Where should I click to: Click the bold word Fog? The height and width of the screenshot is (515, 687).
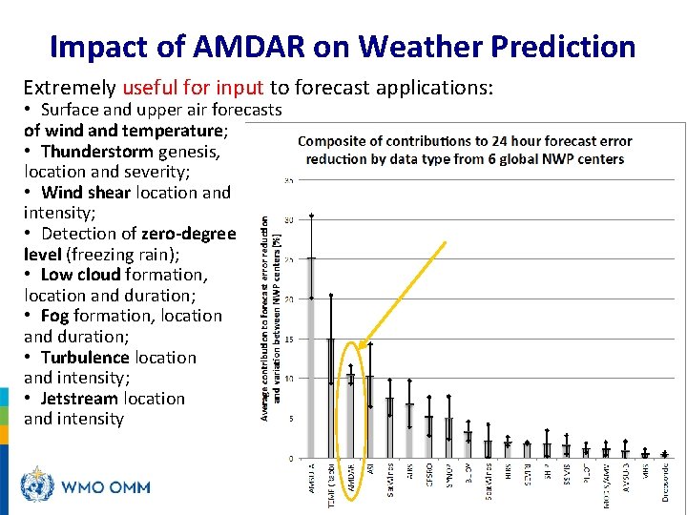[55, 316]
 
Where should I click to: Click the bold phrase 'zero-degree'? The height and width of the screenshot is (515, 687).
[188, 234]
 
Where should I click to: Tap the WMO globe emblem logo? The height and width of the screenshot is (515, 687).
[37, 485]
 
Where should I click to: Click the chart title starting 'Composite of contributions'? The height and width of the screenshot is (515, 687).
[465, 150]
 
